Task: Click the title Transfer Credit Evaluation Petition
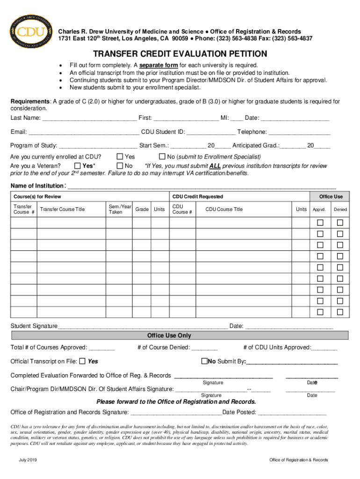180,54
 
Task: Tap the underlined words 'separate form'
158,65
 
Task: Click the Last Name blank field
89,118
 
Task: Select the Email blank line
84,132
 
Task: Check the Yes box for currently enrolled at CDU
120,157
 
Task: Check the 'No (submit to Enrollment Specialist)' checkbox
163,157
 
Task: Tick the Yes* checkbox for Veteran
78,166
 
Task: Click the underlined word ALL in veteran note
215,166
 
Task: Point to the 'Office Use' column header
331,196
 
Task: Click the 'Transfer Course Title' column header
62,209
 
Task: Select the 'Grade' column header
142,209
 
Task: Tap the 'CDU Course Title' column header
224,209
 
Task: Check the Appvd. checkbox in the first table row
320,222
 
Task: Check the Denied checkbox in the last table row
340,312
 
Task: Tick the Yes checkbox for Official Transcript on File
82,361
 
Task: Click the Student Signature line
143,326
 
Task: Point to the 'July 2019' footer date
28,460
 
